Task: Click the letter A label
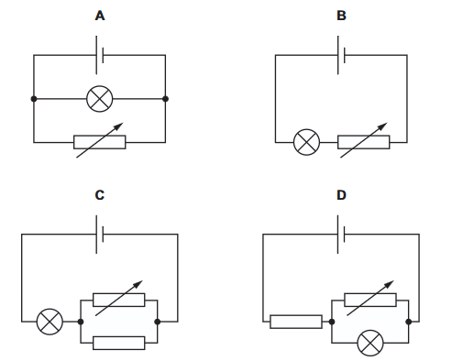pyautogui.click(x=100, y=16)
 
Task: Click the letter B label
pyautogui.click(x=341, y=16)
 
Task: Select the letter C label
pyautogui.click(x=100, y=195)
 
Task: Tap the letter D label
pyautogui.click(x=341, y=195)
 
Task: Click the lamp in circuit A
pyautogui.click(x=100, y=99)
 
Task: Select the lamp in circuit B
pyautogui.click(x=306, y=142)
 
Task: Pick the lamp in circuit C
pyautogui.click(x=50, y=322)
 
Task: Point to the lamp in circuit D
pyautogui.click(x=370, y=343)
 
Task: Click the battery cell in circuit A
pyautogui.click(x=100, y=55)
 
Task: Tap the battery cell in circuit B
pyautogui.click(x=341, y=55)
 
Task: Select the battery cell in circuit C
pyautogui.click(x=100, y=235)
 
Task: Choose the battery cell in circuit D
pyautogui.click(x=341, y=235)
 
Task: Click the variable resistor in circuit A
pyautogui.click(x=100, y=142)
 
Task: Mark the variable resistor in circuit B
pyautogui.click(x=364, y=142)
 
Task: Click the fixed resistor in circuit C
pyautogui.click(x=119, y=343)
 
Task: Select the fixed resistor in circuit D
pyautogui.click(x=296, y=322)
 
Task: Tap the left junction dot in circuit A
pyautogui.click(x=34, y=99)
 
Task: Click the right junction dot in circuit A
pyautogui.click(x=165, y=99)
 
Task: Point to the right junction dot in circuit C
pyautogui.click(x=158, y=322)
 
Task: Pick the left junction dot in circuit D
pyautogui.click(x=332, y=322)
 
